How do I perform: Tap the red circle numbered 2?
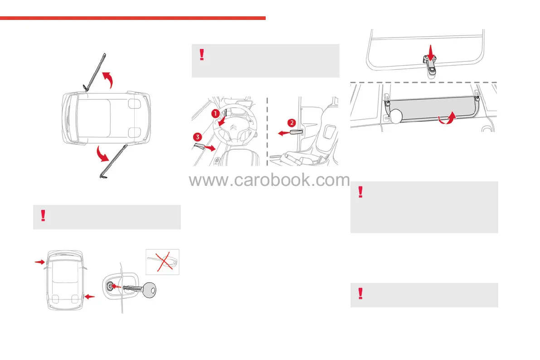click(x=292, y=122)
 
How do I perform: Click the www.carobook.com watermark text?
click(x=269, y=180)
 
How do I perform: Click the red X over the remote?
click(x=163, y=262)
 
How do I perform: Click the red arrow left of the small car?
click(x=40, y=262)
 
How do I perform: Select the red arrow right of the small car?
click(x=91, y=297)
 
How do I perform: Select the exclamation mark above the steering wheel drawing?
click(x=202, y=55)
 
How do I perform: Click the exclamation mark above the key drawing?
click(x=43, y=216)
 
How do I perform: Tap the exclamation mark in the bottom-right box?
click(x=360, y=294)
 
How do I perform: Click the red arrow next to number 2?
click(x=283, y=133)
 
